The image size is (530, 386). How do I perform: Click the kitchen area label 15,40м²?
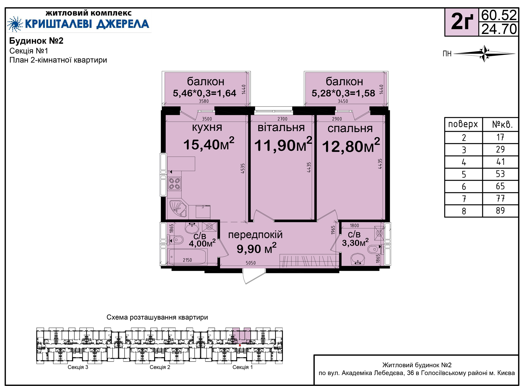point(209,144)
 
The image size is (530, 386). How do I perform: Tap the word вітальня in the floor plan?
point(281,128)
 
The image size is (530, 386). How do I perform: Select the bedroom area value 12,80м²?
point(351,145)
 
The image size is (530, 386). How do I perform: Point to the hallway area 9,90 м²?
point(256,248)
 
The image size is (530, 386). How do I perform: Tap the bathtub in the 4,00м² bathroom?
point(187,257)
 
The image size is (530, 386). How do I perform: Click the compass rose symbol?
point(484,53)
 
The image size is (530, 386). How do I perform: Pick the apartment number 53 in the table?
point(500,174)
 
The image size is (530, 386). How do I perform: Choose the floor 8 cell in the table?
point(464,211)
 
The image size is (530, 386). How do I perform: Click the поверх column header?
point(463,124)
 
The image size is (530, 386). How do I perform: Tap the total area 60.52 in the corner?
point(499,15)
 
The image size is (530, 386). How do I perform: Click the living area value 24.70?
point(499,29)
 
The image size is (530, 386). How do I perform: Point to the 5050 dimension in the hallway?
point(251,263)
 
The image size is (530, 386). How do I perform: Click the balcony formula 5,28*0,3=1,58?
point(343,93)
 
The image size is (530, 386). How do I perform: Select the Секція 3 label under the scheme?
point(78,367)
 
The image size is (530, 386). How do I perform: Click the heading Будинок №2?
point(36,41)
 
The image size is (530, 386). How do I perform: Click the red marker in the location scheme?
point(240,345)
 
